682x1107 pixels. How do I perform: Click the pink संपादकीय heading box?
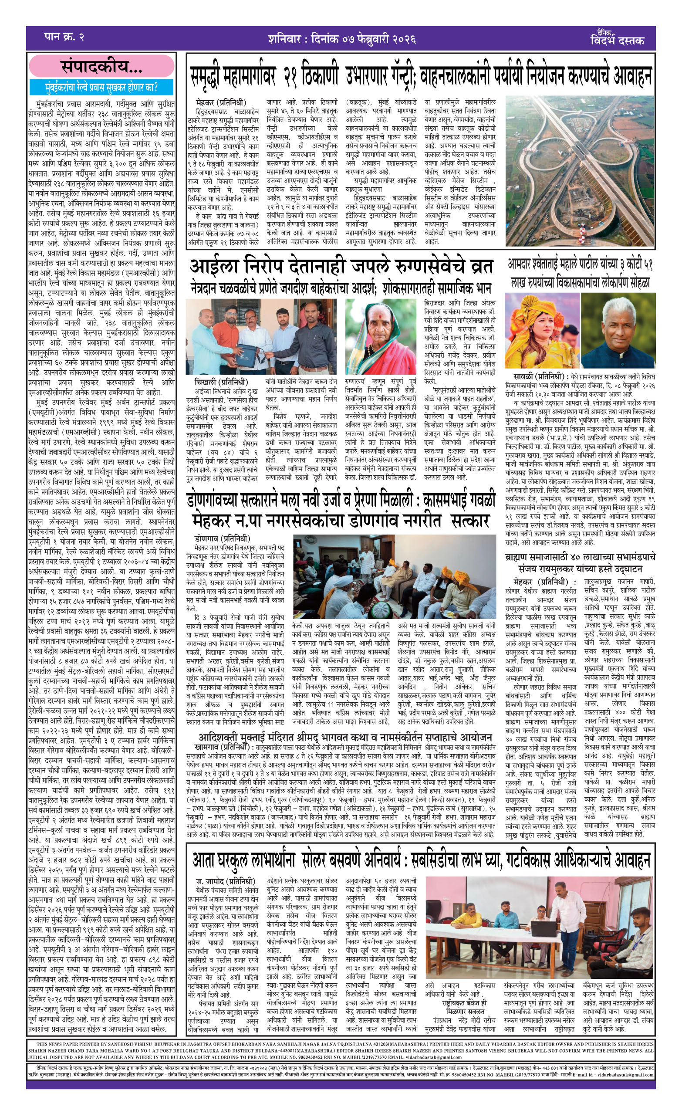101,68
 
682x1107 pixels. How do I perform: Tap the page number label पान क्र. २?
64,37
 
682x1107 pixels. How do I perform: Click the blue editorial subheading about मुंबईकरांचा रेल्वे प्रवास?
101,87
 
